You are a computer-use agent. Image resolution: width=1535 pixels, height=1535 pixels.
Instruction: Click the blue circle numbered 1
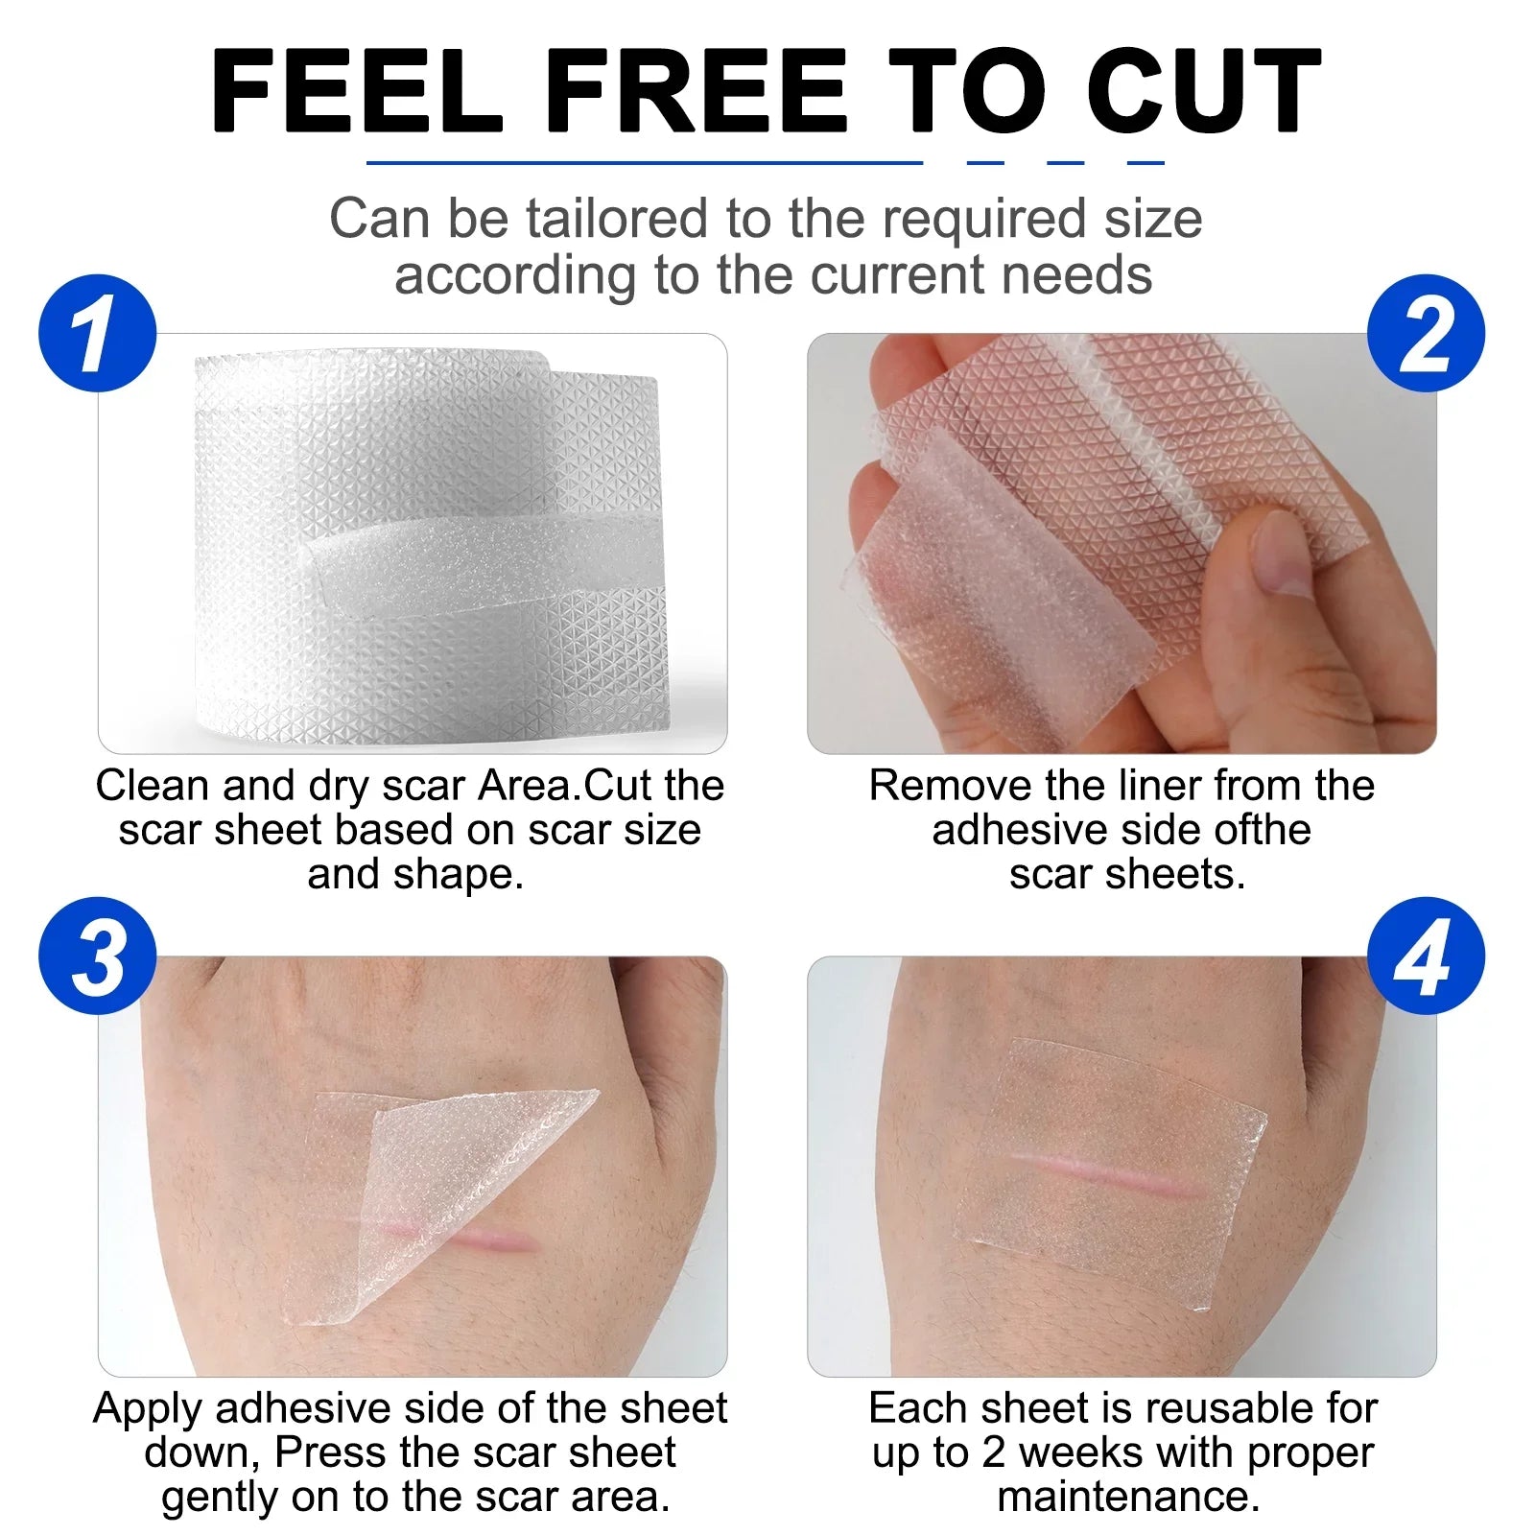(98, 334)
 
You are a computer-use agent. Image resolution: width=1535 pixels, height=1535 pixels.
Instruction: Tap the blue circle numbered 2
(1426, 334)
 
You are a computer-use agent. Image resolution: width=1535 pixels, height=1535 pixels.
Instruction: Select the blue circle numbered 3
(98, 956)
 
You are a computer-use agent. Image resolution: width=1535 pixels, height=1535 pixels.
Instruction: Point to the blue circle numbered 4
(1426, 956)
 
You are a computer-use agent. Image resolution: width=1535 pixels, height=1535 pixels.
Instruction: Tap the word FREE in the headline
(697, 90)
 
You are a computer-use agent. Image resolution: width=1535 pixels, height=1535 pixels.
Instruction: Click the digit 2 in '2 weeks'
(993, 1453)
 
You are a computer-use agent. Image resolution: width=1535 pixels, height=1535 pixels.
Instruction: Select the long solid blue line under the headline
(645, 162)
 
